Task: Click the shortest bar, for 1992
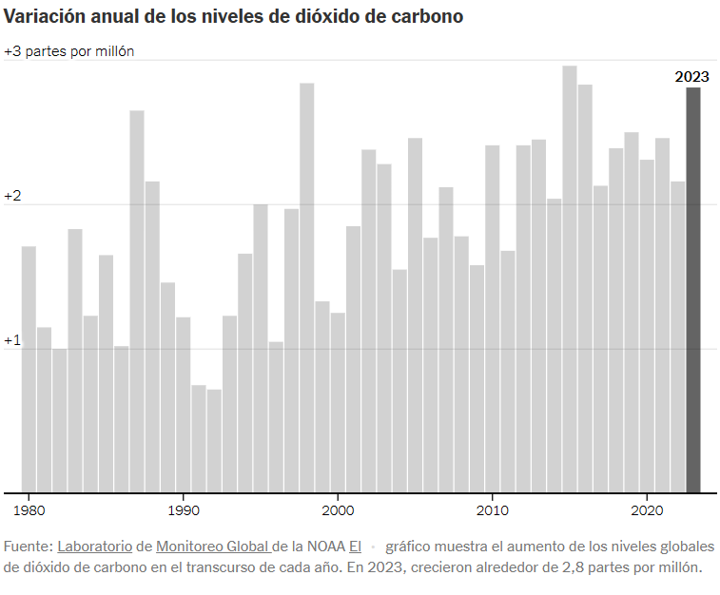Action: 214,441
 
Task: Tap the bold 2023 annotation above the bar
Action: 692,77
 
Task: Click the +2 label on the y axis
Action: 12,196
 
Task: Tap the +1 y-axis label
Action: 12,340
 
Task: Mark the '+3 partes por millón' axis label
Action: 68,51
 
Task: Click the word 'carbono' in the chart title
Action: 430,17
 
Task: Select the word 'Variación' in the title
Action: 40,17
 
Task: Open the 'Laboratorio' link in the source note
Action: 93,547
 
